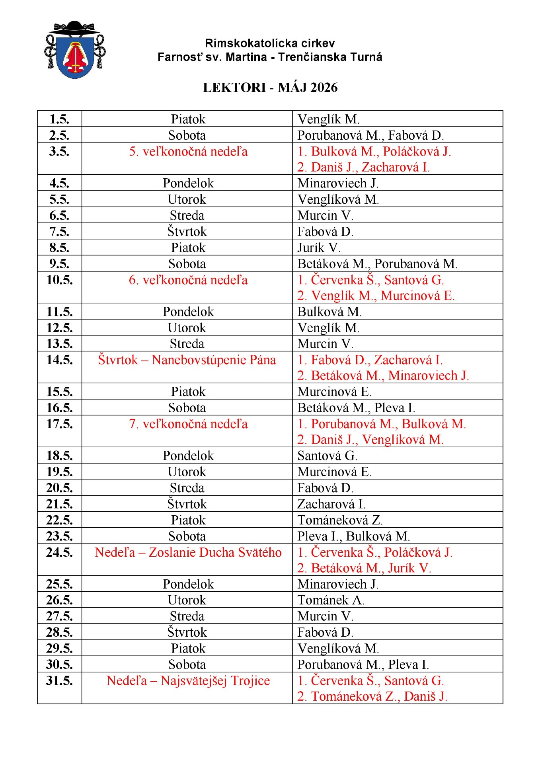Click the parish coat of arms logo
75,50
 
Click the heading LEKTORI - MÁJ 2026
270,88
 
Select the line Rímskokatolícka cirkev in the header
270,43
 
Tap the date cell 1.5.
59,119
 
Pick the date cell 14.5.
59,360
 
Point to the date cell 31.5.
59,680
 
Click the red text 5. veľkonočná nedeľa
188,152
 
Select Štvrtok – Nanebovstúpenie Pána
187,360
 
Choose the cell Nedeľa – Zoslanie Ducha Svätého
188,552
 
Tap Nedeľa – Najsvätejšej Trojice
188,680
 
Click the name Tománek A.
331,600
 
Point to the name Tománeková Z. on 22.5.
340,520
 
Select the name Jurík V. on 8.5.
319,248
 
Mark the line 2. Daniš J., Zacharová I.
363,167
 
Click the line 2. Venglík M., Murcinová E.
376,296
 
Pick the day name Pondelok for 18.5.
188,456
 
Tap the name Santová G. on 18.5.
327,456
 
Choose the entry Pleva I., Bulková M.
353,536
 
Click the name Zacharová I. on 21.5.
331,504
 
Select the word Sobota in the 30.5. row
187,665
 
